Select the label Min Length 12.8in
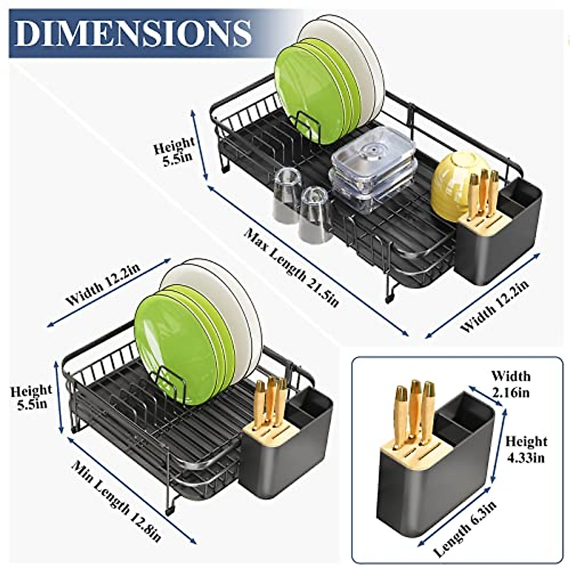pos(116,501)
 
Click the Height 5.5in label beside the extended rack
pos(174,151)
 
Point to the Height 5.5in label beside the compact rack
pos(31,397)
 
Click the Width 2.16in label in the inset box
pos(511,384)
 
